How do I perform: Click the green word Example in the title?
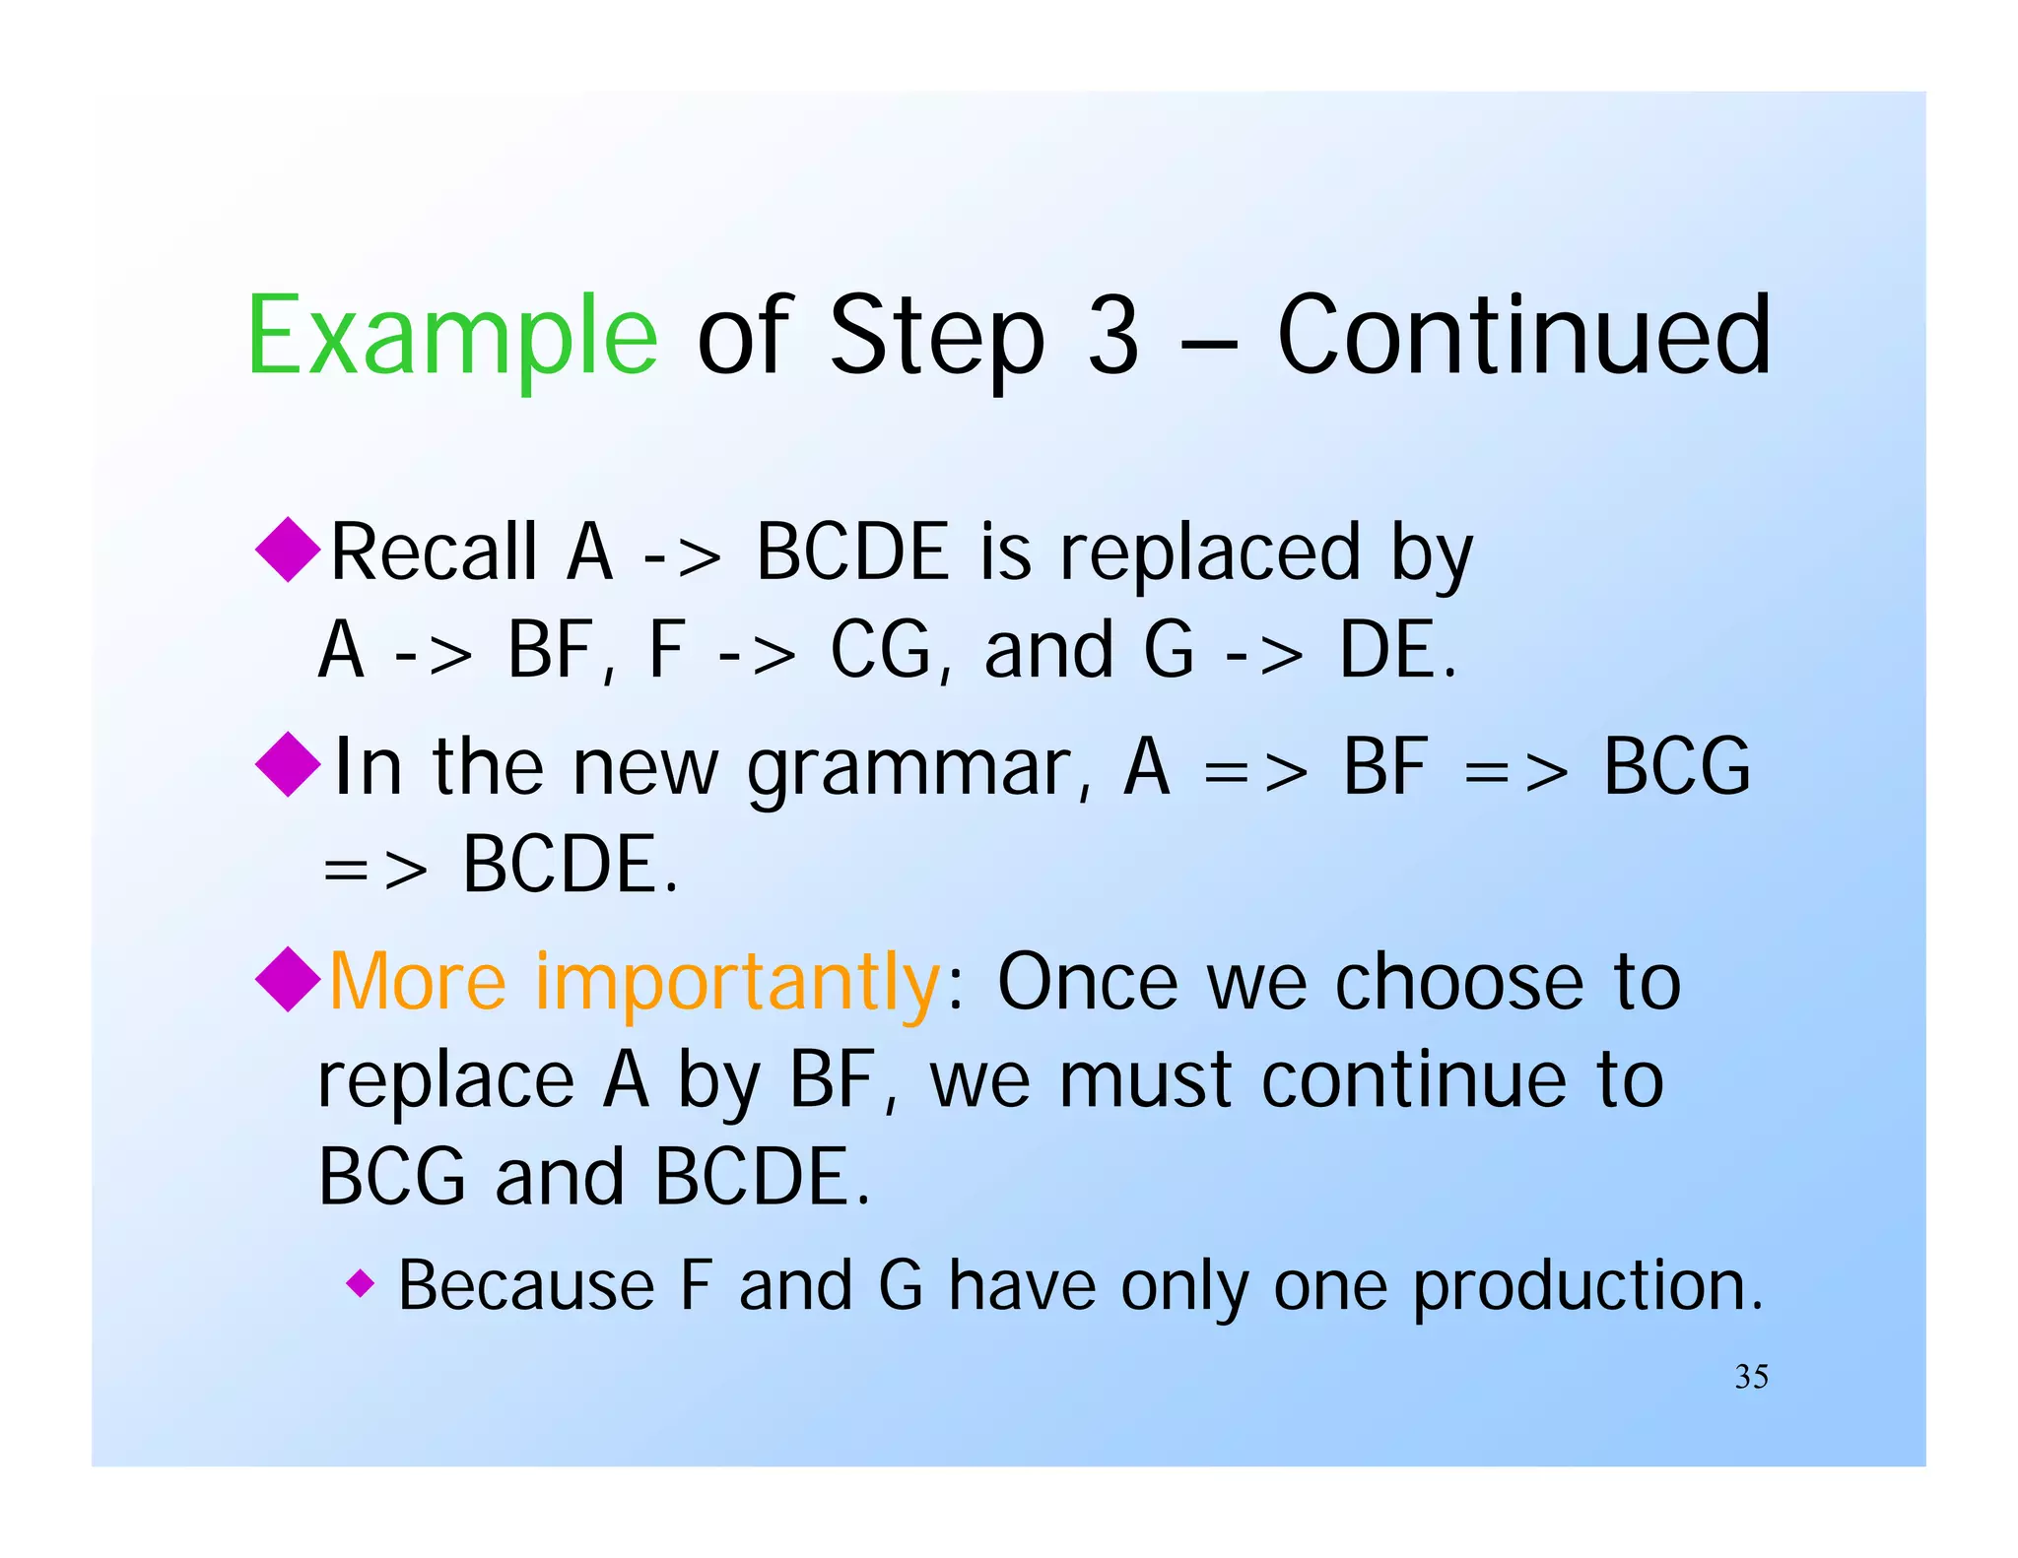click(x=451, y=337)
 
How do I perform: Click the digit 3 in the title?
click(x=1113, y=337)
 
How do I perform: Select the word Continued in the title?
click(x=1523, y=337)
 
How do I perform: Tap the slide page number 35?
click(x=1751, y=1376)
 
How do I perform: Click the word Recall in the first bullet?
click(x=434, y=552)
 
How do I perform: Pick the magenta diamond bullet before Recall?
click(x=288, y=550)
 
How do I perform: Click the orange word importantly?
click(x=737, y=983)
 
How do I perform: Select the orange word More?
click(x=418, y=983)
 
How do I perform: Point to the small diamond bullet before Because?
click(x=361, y=1283)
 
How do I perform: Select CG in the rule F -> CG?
click(x=880, y=651)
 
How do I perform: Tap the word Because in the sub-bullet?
click(x=525, y=1286)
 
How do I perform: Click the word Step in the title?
click(x=936, y=337)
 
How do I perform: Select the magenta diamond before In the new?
click(x=288, y=764)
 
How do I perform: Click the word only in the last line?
click(x=1183, y=1287)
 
